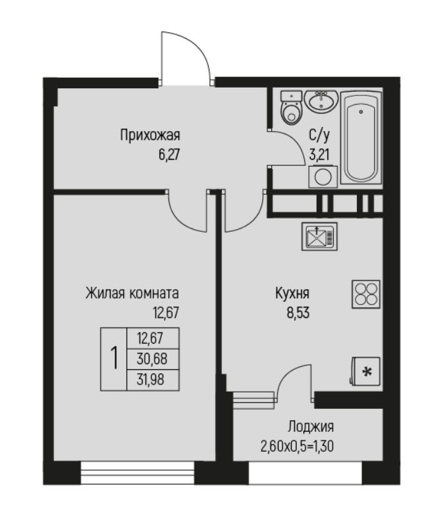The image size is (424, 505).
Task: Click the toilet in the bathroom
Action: click(x=292, y=107)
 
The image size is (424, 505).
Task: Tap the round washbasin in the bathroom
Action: click(x=321, y=101)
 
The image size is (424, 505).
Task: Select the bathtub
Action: click(x=361, y=138)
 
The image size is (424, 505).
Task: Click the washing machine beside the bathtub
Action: click(x=323, y=176)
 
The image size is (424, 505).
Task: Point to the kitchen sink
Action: click(x=319, y=236)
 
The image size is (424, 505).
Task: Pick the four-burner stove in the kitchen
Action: click(x=366, y=294)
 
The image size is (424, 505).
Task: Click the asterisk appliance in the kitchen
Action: click(x=366, y=372)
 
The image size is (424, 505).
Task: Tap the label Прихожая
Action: click(x=150, y=135)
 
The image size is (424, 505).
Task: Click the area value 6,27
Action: click(x=169, y=155)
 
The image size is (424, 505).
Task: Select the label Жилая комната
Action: click(x=132, y=294)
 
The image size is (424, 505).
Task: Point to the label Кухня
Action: click(x=292, y=294)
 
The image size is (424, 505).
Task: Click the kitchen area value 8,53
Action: click(x=298, y=313)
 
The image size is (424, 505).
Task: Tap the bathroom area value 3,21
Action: click(x=319, y=155)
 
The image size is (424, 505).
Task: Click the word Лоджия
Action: click(x=311, y=427)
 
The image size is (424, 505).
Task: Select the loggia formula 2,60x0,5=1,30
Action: click(x=297, y=446)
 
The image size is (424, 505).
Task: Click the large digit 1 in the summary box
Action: click(x=114, y=359)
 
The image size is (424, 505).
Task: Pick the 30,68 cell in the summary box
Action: click(x=152, y=359)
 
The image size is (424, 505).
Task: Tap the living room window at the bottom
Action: click(x=138, y=473)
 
